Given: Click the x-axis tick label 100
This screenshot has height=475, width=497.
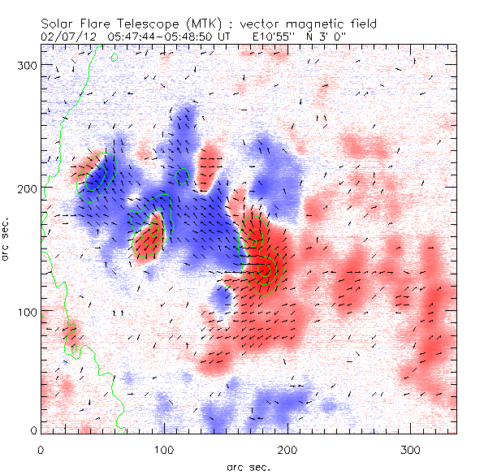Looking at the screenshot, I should (x=164, y=448).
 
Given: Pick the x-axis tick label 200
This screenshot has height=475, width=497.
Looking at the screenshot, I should (x=287, y=448).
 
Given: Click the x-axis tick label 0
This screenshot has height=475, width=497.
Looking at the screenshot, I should (x=41, y=448).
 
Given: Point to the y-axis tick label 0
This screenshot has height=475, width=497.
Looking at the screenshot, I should (x=32, y=430).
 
